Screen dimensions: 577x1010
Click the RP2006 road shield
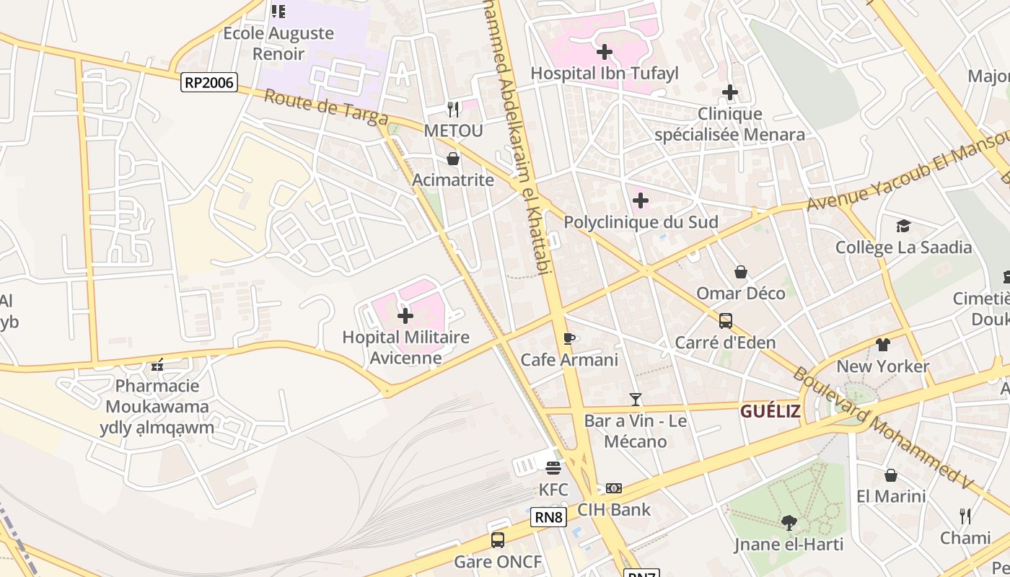tap(208, 82)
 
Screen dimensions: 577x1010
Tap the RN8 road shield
tap(548, 516)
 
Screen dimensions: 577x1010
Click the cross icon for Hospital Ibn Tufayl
tap(605, 52)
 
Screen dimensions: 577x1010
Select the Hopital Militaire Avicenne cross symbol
tap(405, 316)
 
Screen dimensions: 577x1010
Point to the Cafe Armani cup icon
tap(569, 338)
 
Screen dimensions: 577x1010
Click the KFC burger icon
tap(553, 468)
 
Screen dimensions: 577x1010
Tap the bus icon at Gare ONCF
tap(497, 539)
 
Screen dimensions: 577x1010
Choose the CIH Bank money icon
tap(614, 488)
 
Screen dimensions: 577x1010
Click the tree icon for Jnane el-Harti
tap(789, 522)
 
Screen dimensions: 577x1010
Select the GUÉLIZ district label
tap(770, 412)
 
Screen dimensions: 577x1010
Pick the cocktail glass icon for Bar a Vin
tap(635, 399)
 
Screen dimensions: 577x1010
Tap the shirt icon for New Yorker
tap(883, 345)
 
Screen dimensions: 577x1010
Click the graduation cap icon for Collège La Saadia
tap(903, 226)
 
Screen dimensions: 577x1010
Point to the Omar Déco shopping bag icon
tap(741, 272)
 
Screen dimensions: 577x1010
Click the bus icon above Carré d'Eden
tap(726, 321)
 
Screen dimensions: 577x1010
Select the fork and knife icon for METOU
tap(453, 109)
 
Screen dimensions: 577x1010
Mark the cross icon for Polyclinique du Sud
tap(641, 201)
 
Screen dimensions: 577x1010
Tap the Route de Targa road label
tap(326, 107)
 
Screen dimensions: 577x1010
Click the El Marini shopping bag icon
tap(891, 475)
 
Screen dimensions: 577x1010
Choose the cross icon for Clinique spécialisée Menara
tap(730, 92)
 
